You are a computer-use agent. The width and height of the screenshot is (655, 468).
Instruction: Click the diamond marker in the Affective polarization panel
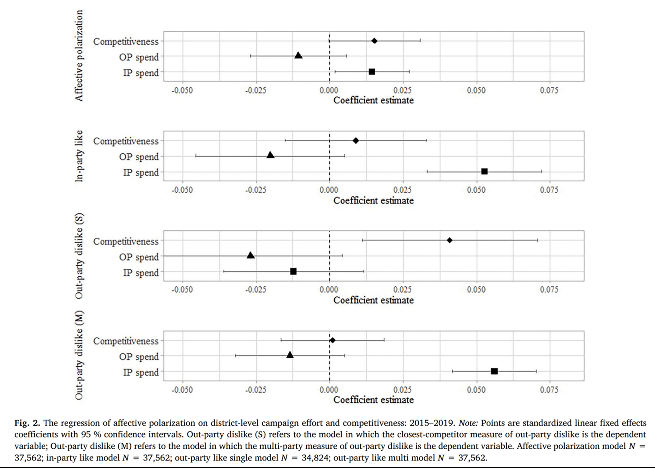pos(374,41)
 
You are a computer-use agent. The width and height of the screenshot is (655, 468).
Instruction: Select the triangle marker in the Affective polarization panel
pos(298,55)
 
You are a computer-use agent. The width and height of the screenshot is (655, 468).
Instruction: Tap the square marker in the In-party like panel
pos(484,171)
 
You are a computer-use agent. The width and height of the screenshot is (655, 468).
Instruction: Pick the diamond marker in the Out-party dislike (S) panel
pos(450,240)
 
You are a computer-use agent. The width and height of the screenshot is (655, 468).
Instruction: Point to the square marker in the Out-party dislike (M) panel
pos(495,371)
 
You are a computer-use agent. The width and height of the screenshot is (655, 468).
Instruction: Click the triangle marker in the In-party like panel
pos(271,155)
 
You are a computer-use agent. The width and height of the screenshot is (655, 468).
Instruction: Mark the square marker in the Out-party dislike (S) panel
pos(293,271)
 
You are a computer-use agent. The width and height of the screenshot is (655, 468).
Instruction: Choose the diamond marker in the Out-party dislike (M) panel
pos(333,340)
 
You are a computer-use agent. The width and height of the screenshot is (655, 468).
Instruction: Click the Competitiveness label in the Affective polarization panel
pos(126,42)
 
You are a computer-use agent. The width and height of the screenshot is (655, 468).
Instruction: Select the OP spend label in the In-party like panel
pos(139,157)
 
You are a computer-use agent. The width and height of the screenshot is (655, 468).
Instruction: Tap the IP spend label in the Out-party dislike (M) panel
pos(141,372)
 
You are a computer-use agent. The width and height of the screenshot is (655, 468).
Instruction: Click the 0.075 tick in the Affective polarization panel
pos(549,90)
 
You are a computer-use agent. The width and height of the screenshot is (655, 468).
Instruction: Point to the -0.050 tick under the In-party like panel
pos(182,190)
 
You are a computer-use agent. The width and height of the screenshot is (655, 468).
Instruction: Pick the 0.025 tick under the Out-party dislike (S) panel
pos(402,290)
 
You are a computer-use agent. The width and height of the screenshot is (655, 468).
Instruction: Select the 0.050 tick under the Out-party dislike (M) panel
pos(476,390)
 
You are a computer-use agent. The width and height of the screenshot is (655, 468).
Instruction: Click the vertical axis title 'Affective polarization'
pos(79,56)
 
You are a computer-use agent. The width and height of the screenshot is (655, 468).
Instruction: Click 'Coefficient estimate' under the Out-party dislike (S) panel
pos(373,300)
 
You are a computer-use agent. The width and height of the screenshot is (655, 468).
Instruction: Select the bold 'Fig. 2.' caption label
pos(27,423)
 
